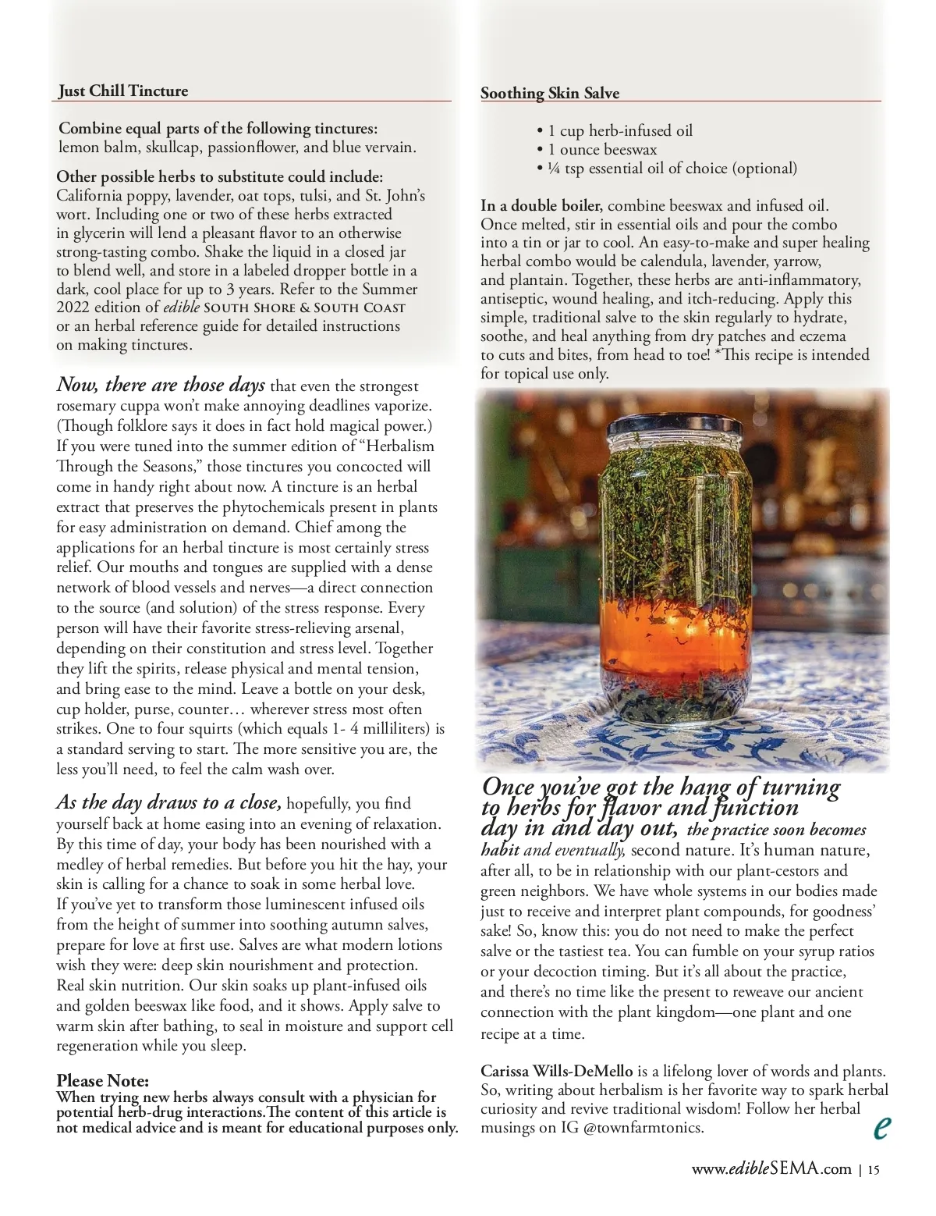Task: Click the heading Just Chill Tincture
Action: coord(123,91)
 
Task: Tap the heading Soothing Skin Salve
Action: coord(550,94)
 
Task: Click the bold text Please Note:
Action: coord(102,1081)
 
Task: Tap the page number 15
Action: coord(873,1170)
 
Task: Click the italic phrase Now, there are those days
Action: coord(161,386)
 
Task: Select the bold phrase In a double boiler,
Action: coord(541,206)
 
